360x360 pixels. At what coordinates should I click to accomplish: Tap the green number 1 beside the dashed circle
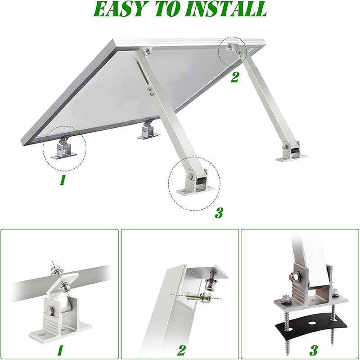[63, 180]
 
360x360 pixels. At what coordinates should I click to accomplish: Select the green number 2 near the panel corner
[234, 77]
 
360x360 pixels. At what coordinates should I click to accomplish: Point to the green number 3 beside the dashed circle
[219, 213]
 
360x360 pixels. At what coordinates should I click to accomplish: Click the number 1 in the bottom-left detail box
[60, 351]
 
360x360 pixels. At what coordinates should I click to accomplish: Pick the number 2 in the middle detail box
[181, 351]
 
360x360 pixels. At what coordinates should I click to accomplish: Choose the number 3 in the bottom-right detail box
[313, 351]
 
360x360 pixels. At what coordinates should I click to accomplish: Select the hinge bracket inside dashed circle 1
[64, 148]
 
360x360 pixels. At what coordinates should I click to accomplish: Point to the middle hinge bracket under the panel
[148, 130]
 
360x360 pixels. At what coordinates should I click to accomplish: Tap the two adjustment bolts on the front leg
[151, 91]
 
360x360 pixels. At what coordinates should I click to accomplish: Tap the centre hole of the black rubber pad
[312, 323]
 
